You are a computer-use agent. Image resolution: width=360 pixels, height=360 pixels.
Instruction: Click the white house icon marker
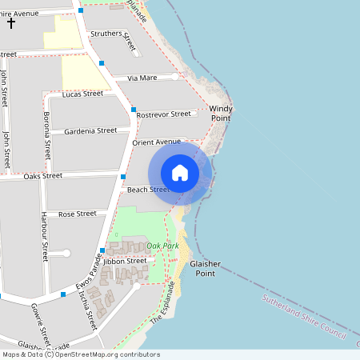[x=180, y=173]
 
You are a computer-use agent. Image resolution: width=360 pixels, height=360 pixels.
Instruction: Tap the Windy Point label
[x=220, y=113]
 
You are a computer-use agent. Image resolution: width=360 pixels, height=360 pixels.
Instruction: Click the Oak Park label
[x=162, y=246]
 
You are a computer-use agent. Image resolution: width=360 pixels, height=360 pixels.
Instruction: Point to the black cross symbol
[x=11, y=22]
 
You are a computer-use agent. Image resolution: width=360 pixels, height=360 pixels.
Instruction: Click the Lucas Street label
[x=82, y=94]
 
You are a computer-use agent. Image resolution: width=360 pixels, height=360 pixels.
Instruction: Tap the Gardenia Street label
[x=90, y=130]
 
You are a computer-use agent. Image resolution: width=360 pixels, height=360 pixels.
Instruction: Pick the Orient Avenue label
[x=157, y=142]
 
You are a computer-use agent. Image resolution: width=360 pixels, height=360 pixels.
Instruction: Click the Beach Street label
[x=147, y=190]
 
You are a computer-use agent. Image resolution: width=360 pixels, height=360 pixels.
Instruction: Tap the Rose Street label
[x=77, y=214]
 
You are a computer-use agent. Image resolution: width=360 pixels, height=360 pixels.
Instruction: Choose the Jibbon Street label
[x=125, y=261]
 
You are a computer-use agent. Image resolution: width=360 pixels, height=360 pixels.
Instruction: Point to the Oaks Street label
[x=42, y=176]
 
